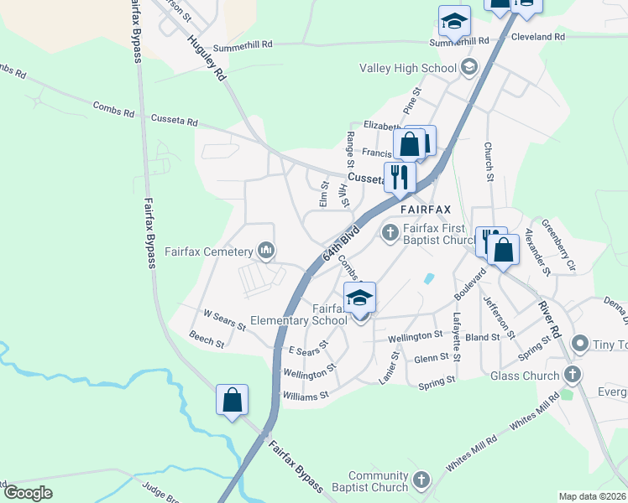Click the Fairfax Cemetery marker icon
(266, 251)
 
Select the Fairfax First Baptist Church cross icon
(390, 231)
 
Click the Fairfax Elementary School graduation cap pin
(359, 299)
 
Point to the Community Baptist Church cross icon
(421, 480)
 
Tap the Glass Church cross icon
(572, 375)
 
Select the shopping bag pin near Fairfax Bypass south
(232, 400)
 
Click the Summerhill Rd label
(243, 47)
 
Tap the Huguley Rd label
(207, 58)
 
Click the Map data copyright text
(592, 496)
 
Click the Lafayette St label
(456, 336)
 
